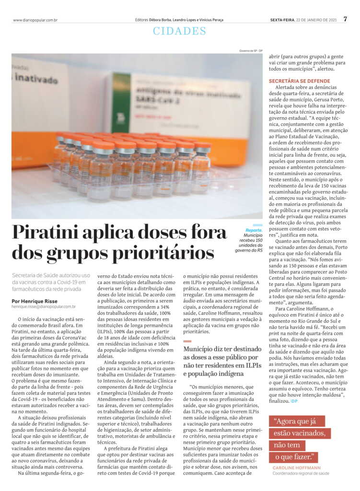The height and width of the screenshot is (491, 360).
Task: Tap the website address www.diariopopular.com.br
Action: point(35,20)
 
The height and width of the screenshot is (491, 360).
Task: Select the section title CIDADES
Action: point(180,32)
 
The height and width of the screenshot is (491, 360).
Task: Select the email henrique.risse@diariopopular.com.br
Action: point(44,307)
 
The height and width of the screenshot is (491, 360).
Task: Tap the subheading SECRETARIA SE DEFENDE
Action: point(299,81)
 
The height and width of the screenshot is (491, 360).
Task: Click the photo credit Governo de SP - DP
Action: point(251,51)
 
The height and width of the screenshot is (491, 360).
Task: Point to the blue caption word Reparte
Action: point(254,230)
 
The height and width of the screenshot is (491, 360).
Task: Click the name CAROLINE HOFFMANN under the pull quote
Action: point(297,467)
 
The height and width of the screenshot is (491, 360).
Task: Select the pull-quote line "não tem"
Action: point(287,445)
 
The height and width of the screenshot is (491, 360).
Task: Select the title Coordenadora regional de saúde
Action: point(301,473)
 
